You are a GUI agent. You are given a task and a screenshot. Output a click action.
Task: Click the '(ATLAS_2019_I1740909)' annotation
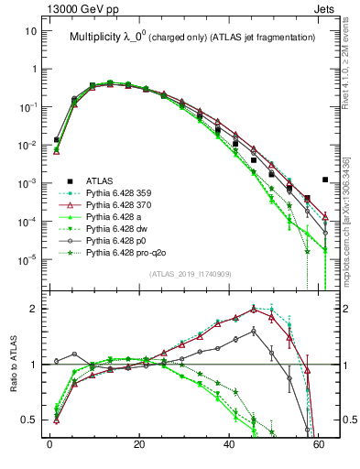[x=191, y=274]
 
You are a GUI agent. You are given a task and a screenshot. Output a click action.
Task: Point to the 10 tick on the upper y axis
[x=30, y=30]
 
